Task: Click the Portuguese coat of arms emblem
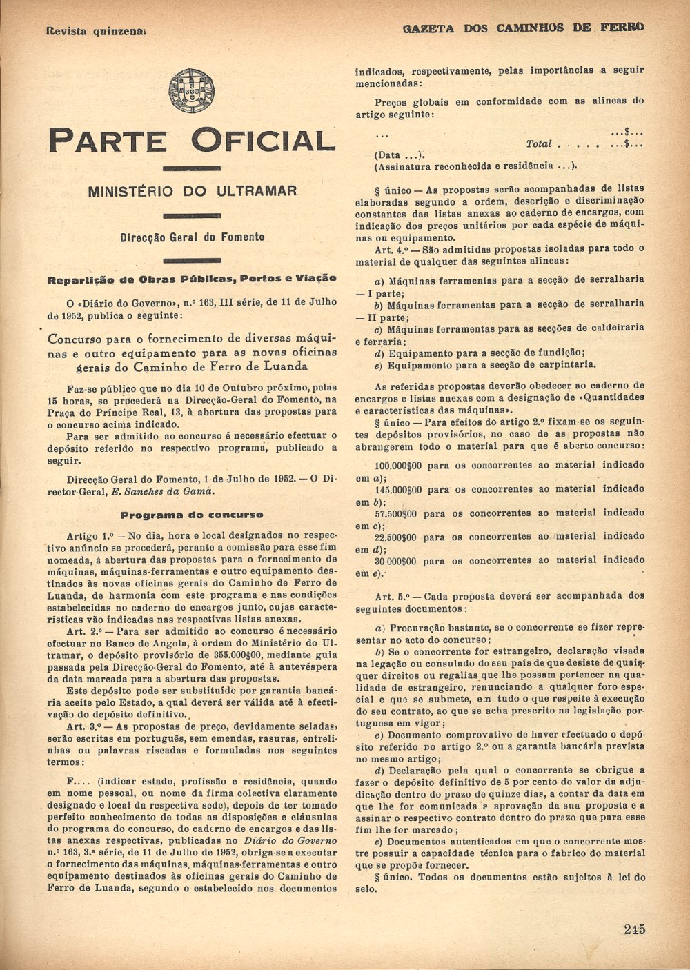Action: (191, 91)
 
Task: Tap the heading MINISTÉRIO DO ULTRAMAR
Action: (192, 191)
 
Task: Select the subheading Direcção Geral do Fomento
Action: (192, 237)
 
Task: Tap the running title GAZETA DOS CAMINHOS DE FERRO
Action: (522, 28)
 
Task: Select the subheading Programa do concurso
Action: (192, 515)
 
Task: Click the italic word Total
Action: (538, 143)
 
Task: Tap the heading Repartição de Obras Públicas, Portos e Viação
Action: (192, 279)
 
